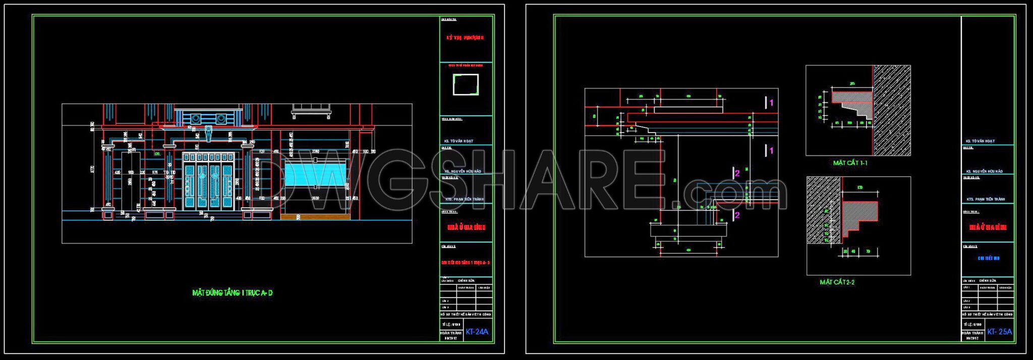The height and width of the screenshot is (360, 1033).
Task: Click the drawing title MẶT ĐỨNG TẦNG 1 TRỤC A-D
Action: click(x=233, y=293)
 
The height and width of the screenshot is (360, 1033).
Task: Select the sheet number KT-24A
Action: click(x=477, y=332)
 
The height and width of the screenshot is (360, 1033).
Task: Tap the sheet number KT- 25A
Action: click(x=999, y=332)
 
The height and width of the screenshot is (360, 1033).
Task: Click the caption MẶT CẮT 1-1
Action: click(x=850, y=163)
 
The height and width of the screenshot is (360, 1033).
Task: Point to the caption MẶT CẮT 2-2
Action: click(x=837, y=282)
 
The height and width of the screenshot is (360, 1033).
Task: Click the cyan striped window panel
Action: click(x=315, y=174)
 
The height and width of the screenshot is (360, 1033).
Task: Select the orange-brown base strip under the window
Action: click(x=315, y=217)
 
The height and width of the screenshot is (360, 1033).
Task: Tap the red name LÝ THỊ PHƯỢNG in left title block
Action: click(x=465, y=38)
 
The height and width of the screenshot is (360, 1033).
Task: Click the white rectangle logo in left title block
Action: click(x=466, y=84)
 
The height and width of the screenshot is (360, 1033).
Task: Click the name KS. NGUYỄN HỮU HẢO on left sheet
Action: click(x=463, y=171)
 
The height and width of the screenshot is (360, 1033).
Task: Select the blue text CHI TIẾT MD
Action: click(x=989, y=258)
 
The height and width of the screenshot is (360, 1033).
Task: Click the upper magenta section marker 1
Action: click(x=771, y=103)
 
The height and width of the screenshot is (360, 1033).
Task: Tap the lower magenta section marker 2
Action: click(x=737, y=215)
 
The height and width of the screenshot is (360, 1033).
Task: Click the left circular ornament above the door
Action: click(x=195, y=119)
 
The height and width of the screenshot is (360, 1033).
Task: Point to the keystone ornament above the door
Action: click(x=209, y=134)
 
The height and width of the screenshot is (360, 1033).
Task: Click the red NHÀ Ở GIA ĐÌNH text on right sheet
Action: click(x=988, y=227)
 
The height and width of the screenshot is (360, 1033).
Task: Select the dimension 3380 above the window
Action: click(x=316, y=151)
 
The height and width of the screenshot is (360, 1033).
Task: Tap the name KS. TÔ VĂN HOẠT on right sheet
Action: click(x=980, y=141)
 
